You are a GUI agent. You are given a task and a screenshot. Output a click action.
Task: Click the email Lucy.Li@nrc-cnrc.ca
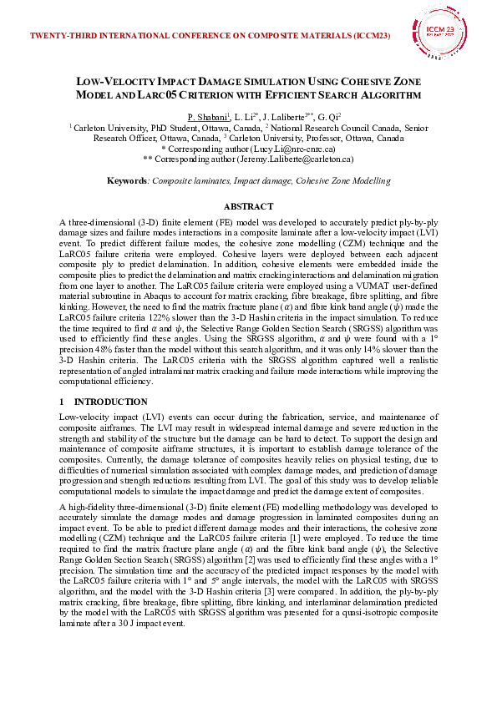pyautogui.click(x=281, y=148)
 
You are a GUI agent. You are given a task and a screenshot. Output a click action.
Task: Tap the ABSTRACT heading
pyautogui.click(x=248, y=206)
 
